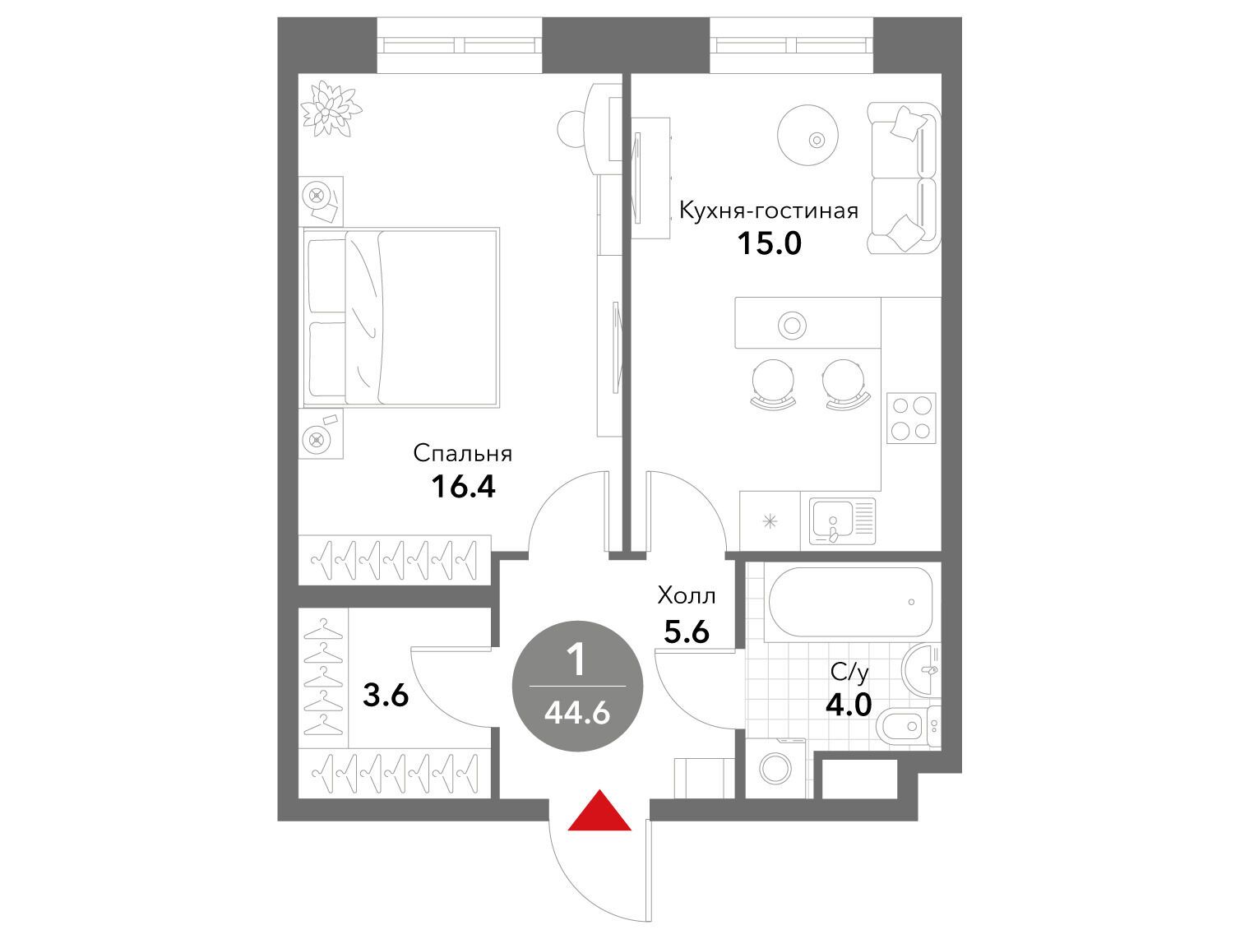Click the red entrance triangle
click(599, 811)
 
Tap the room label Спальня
click(463, 453)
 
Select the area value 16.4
click(463, 486)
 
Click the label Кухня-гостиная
click(768, 210)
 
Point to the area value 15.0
click(770, 244)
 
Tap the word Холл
click(687, 595)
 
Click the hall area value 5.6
click(687, 631)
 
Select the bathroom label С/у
click(849, 673)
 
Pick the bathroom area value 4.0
click(849, 705)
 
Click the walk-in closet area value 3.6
click(386, 696)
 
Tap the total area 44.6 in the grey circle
click(577, 714)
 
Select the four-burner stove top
click(910, 418)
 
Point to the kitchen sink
click(842, 521)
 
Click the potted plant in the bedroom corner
click(331, 108)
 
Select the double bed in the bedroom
click(401, 317)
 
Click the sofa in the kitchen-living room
click(904, 178)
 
